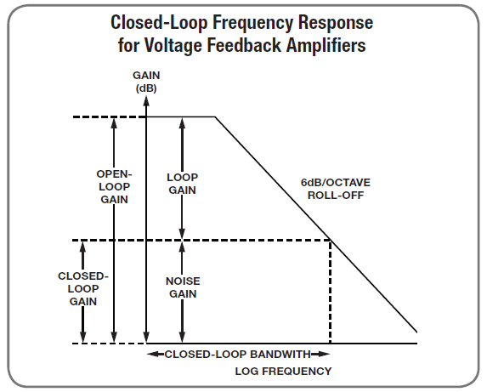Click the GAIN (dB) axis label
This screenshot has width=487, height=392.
146,82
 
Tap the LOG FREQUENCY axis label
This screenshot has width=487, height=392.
283,372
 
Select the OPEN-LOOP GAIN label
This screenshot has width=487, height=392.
114,187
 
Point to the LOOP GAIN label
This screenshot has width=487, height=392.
183,184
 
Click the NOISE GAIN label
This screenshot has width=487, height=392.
183,287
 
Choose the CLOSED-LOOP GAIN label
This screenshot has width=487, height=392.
83,288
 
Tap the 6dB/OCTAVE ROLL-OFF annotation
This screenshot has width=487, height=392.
336,189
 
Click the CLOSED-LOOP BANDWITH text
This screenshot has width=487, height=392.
238,354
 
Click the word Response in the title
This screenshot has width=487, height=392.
336,23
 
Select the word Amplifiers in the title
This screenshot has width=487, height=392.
326,45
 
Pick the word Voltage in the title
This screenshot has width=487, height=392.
173,46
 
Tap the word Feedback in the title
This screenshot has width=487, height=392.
244,45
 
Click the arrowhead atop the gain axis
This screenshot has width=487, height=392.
146,100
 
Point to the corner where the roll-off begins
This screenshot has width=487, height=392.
215,117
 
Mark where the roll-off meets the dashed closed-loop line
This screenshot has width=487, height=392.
330,240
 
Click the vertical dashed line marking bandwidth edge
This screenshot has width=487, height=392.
330,292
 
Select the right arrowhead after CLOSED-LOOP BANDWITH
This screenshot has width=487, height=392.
324,354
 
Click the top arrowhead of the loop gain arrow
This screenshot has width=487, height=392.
183,123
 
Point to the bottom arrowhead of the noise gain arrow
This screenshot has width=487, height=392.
183,338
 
